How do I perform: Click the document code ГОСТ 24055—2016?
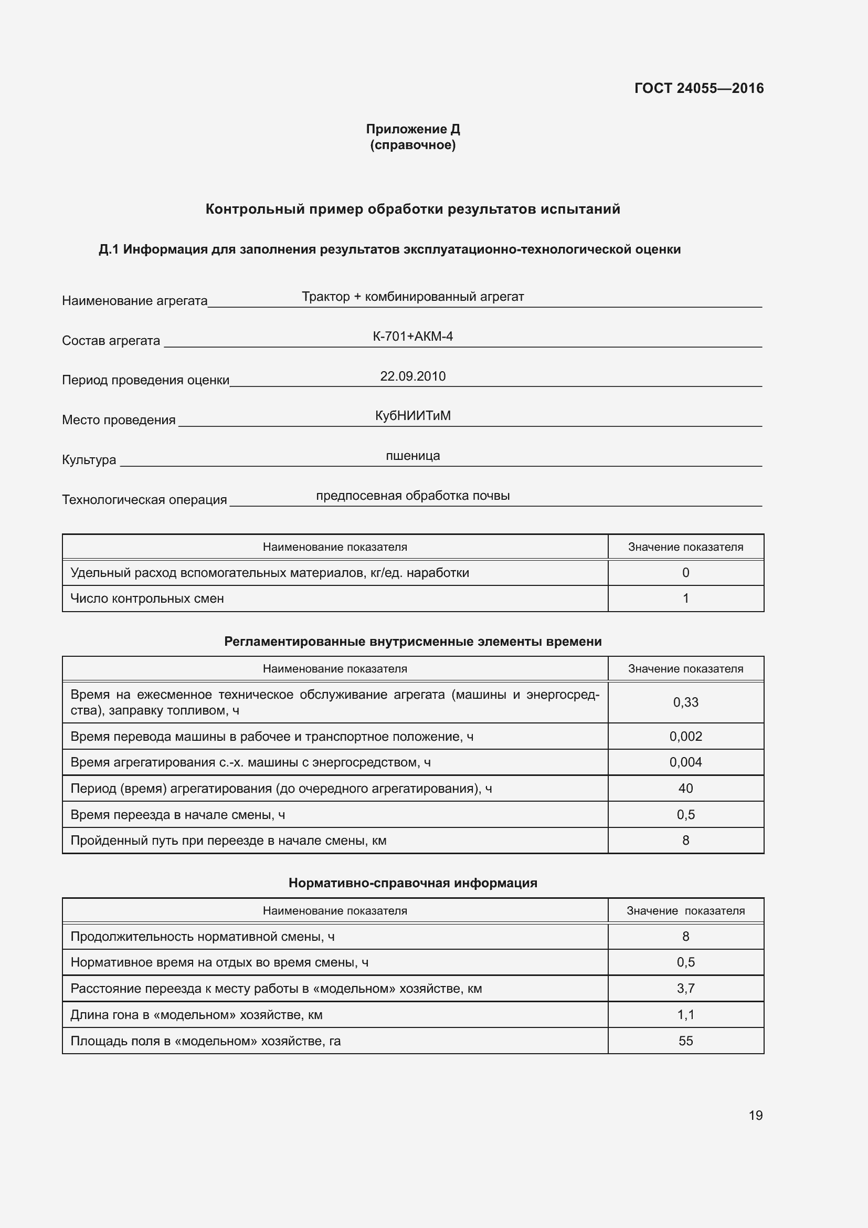698,88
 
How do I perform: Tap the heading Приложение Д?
412,129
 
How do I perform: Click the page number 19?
755,1115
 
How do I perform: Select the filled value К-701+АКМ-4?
412,337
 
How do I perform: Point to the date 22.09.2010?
412,376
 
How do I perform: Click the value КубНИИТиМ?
412,416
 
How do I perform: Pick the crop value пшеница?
412,456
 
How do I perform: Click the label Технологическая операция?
144,499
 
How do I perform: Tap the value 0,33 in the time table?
685,702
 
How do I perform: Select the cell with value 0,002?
685,737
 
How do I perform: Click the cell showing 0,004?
685,762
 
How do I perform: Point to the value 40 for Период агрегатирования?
685,789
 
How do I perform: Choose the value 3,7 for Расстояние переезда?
685,989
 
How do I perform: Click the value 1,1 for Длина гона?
685,1015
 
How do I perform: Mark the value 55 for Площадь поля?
685,1041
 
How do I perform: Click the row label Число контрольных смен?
147,599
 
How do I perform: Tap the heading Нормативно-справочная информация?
412,883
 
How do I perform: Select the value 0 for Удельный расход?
685,573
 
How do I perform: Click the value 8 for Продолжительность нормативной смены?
685,937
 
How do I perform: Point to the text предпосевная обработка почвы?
412,496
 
